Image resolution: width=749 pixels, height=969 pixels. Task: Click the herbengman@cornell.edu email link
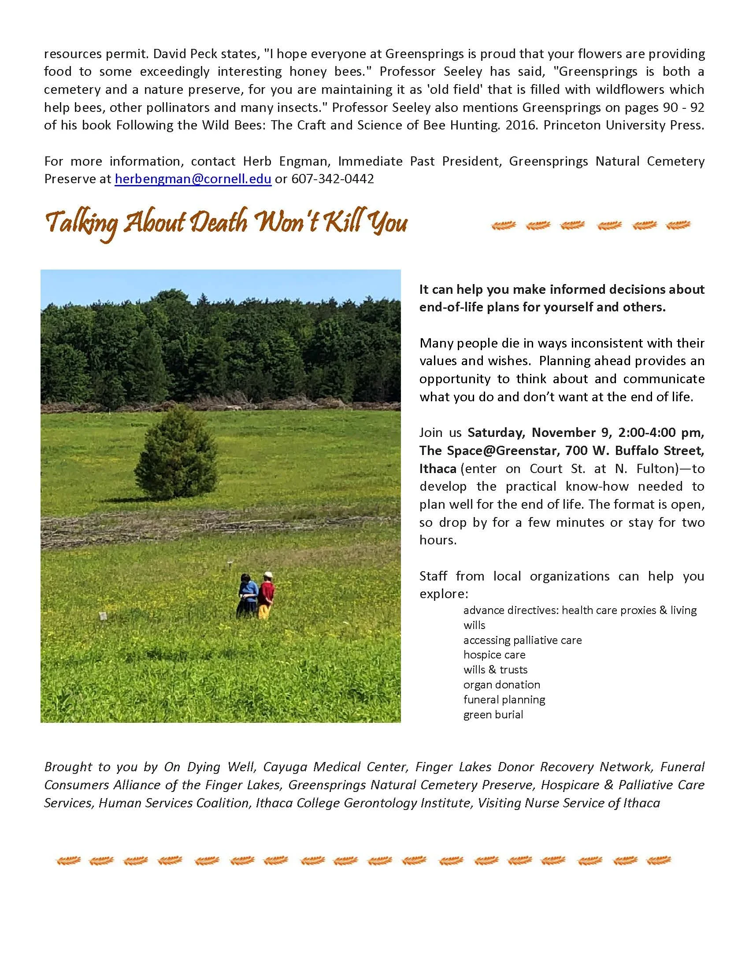coord(193,179)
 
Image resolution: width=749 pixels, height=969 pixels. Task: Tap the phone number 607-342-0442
coord(332,179)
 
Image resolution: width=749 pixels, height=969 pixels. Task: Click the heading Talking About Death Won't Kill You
coord(226,223)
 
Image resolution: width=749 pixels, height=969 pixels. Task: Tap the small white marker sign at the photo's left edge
coord(103,616)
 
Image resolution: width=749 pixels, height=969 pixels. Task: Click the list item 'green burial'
coord(493,714)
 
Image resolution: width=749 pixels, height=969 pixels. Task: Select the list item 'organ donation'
coord(501,684)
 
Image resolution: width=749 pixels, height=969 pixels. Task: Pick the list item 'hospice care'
coord(494,655)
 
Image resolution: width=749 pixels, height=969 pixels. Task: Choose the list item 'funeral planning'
coord(504,699)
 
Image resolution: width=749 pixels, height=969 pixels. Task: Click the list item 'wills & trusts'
coord(495,669)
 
